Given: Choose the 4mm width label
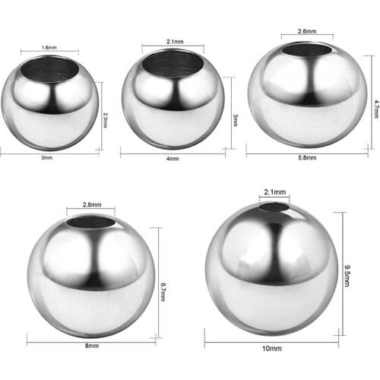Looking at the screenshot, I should pyautogui.click(x=173, y=159).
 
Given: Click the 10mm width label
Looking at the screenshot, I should pyautogui.click(x=271, y=350).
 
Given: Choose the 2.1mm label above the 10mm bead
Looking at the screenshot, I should pyautogui.click(x=274, y=193).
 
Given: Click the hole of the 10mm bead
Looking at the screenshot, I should pyautogui.click(x=274, y=207).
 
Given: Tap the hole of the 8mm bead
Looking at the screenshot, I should pyautogui.click(x=90, y=222).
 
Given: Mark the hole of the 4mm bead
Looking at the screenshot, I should pyautogui.click(x=175, y=63).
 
